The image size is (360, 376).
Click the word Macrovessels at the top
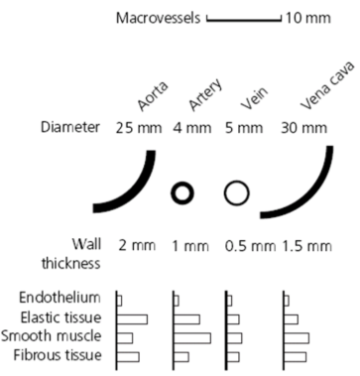[x=158, y=19]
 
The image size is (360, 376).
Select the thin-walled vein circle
[x=235, y=192]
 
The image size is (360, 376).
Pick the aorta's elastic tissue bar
[x=131, y=318]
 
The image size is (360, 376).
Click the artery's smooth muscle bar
[x=191, y=337]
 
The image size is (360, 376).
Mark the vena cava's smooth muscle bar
[x=296, y=337]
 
